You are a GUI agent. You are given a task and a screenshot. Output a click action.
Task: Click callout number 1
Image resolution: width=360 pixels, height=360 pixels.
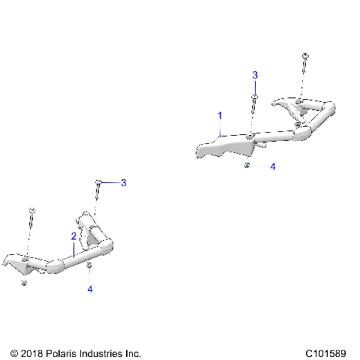[220, 115]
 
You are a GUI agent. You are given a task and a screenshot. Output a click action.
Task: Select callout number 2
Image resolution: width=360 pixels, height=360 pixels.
[73, 235]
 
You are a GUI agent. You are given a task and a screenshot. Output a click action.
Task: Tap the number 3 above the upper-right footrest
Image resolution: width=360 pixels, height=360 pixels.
[255, 75]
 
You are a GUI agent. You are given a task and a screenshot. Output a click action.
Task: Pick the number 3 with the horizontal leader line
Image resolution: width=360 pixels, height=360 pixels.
[124, 182]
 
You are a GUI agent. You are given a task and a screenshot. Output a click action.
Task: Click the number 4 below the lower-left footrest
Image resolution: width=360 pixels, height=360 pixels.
[90, 288]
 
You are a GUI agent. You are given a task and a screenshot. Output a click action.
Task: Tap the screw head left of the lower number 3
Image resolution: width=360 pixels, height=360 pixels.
[98, 182]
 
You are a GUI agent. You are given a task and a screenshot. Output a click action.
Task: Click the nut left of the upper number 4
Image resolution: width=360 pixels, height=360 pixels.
[247, 166]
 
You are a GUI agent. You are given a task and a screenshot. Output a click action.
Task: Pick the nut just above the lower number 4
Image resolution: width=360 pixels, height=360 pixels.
[90, 265]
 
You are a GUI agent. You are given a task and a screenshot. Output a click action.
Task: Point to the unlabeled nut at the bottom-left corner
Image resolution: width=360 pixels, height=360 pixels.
[25, 283]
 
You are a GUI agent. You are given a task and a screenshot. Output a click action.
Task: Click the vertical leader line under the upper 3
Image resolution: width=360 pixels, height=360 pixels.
[255, 86]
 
